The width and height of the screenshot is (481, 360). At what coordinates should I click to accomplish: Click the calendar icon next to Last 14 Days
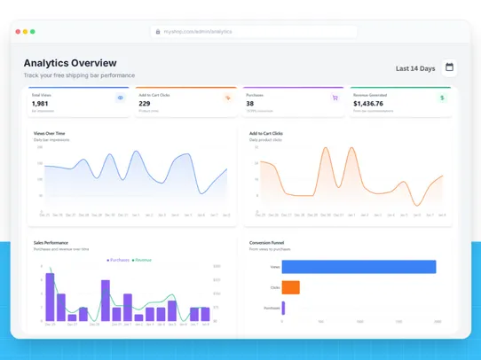coord(449,67)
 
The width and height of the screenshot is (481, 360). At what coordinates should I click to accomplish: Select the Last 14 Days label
coord(415,68)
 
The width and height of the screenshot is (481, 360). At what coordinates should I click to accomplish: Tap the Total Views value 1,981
coord(40,104)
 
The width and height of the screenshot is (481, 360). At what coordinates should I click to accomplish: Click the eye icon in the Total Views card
coord(121,98)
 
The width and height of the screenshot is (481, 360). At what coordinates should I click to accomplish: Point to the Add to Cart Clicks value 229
coord(145,104)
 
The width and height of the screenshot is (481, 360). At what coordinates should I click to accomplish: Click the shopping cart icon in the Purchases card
coord(335,98)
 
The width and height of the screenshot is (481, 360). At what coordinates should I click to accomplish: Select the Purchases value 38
coord(249,104)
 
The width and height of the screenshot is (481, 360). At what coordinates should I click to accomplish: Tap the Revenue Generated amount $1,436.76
coord(368,104)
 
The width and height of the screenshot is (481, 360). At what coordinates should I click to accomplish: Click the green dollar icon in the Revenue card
coord(442,98)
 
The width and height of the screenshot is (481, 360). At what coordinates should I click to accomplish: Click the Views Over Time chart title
coord(49,134)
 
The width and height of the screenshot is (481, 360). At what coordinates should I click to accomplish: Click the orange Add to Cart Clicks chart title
coord(266,134)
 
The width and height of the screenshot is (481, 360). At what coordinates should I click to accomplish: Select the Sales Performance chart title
coord(51,242)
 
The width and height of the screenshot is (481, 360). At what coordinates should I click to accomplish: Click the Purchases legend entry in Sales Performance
coord(118,260)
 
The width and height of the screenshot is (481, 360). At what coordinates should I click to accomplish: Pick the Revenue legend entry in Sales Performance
coord(142,260)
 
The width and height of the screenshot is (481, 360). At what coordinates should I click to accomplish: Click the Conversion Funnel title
coord(267,242)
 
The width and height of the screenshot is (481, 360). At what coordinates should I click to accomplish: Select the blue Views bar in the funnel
coord(359,267)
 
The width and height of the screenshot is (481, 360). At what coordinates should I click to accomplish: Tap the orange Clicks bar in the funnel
coord(290,287)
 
